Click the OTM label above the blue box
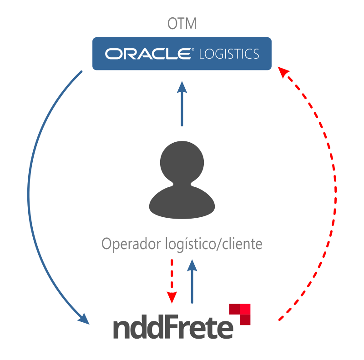click(x=182, y=24)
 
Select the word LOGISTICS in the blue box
click(x=229, y=54)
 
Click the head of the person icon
click(x=182, y=161)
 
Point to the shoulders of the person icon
click(x=182, y=202)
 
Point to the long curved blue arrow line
click(x=29, y=191)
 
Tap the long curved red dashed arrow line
click(x=335, y=191)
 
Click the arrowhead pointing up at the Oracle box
click(x=182, y=87)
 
